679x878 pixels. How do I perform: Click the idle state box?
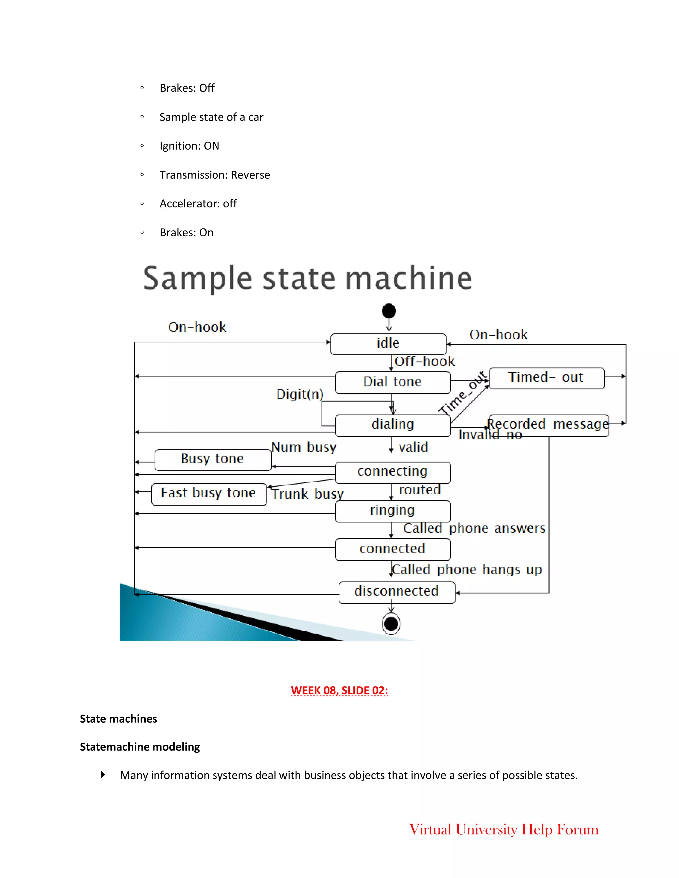[388, 344]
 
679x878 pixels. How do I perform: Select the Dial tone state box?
[392, 382]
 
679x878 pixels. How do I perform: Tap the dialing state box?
[392, 425]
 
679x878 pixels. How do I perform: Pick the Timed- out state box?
[546, 378]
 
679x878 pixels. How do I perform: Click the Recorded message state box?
[548, 425]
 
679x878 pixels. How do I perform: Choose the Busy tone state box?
[213, 459]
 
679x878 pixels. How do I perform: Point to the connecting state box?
[392, 471]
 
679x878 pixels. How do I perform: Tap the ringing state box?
[392, 511]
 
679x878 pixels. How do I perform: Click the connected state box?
[392, 549]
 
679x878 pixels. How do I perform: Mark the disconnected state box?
[396, 592]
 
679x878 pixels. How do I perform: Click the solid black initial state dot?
[389, 311]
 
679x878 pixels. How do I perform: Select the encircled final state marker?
[391, 624]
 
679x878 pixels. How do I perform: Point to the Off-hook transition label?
[424, 362]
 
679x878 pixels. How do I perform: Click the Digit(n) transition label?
[300, 394]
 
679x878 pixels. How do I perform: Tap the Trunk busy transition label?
[308, 494]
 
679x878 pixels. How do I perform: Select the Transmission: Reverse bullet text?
[215, 175]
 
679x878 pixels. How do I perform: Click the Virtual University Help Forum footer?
[504, 829]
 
